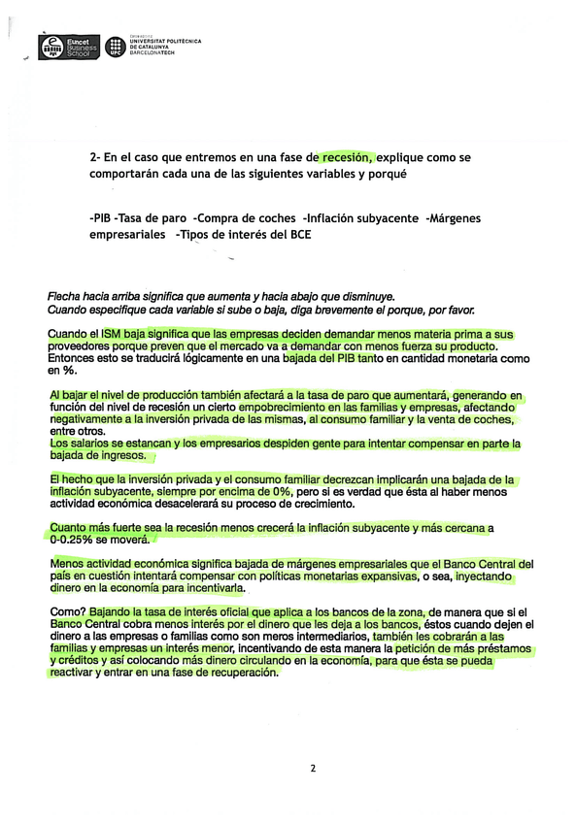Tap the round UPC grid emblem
[x=116, y=46]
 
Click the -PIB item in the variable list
[x=100, y=218]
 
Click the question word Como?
[x=67, y=613]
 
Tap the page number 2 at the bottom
[x=313, y=769]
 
